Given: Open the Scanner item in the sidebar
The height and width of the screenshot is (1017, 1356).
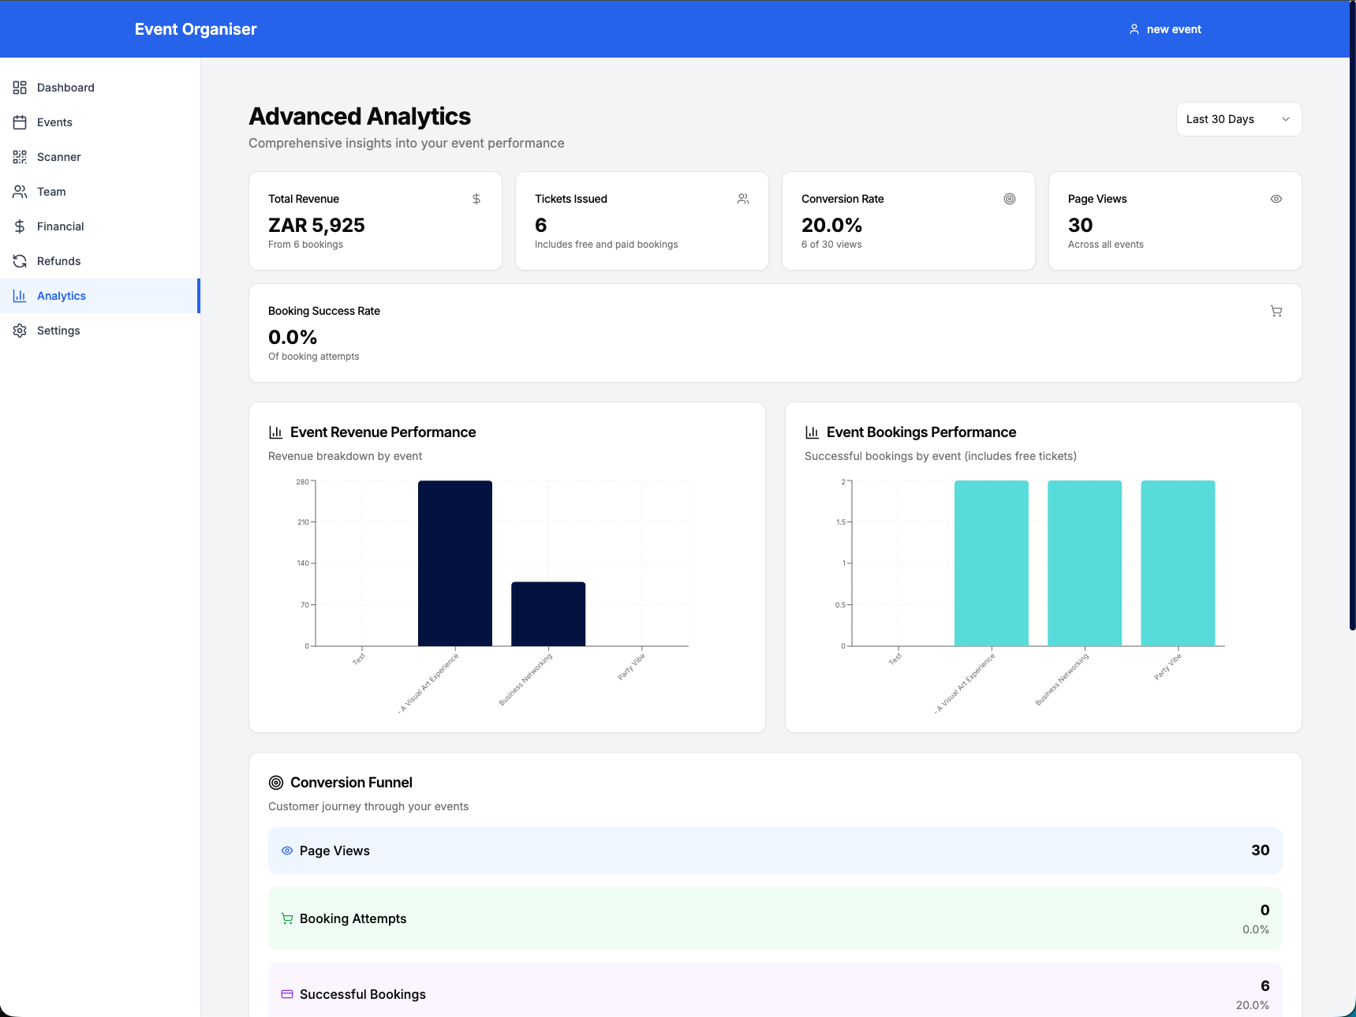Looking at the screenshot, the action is (58, 157).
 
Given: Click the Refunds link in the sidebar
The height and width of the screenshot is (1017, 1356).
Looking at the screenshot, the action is (58, 261).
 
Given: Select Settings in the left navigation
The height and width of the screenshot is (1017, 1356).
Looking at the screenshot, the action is (58, 331).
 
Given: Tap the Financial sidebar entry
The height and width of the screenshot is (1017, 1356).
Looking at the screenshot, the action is (60, 226).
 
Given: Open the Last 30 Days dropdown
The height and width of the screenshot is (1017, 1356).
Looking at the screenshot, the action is (1238, 119).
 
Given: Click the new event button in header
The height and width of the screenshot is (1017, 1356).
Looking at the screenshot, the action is (1165, 29).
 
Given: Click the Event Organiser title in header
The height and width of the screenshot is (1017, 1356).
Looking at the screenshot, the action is (196, 29).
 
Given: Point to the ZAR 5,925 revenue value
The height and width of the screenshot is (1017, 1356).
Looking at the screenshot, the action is (316, 225).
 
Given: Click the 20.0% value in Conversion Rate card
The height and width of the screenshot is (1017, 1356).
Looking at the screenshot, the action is (831, 225).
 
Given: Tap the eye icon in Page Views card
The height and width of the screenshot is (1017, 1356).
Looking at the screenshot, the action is (1276, 199).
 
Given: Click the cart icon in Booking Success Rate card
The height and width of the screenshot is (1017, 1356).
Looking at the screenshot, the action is (1276, 311).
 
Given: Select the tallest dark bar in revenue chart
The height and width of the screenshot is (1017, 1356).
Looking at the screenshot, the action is (455, 563).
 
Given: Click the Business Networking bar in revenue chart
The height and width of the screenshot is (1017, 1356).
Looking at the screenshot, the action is (548, 614).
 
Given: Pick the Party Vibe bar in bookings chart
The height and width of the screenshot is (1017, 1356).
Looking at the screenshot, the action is (1178, 563).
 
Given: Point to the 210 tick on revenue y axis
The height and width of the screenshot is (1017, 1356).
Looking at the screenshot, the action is (303, 522).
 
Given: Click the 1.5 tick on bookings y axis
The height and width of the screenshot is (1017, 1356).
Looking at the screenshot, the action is (840, 522).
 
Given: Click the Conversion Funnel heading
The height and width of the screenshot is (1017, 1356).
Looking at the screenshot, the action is (351, 783).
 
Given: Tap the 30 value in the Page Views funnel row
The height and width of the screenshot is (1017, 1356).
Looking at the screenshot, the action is (1260, 851).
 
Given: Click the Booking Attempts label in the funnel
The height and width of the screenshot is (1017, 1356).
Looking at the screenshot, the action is (353, 918).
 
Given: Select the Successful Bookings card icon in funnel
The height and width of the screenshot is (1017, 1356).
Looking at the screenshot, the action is (287, 994).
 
